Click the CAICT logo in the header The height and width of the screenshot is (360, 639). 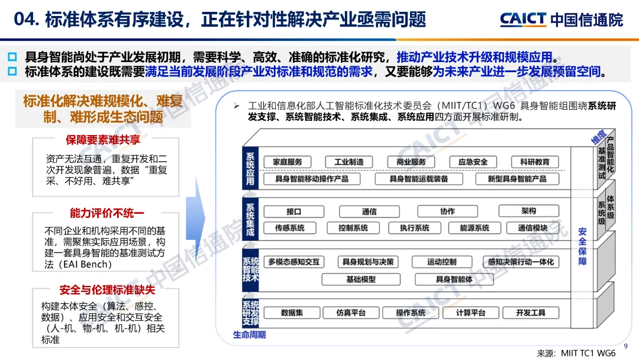[x=523, y=20]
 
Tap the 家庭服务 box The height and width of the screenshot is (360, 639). [x=288, y=162]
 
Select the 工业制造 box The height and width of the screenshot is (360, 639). [x=349, y=162]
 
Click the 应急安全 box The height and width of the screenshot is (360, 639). [x=469, y=162]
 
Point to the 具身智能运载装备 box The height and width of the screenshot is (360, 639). [x=419, y=179]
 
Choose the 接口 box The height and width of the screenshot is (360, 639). [x=294, y=211]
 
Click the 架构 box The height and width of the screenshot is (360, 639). [x=529, y=211]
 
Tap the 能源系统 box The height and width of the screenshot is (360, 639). [x=475, y=228]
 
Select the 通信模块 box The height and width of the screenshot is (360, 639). [x=532, y=228]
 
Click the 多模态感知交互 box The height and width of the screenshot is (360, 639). [x=293, y=262]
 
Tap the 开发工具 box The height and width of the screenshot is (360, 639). [x=531, y=313]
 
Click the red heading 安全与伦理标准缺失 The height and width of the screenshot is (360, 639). [x=107, y=290]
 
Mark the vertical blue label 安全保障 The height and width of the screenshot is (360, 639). [x=582, y=246]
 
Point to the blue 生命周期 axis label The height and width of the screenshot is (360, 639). [x=249, y=335]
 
